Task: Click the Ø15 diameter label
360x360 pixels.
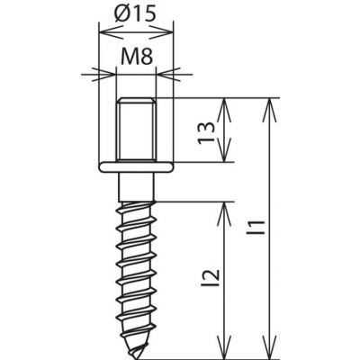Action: (136, 14)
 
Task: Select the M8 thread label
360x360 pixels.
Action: (137, 57)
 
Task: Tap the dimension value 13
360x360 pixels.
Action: (207, 133)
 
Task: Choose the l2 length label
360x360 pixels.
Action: (213, 277)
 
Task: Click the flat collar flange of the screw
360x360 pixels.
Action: (137, 167)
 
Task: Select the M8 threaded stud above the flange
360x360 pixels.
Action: (137, 130)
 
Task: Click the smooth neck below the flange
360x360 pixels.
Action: (137, 187)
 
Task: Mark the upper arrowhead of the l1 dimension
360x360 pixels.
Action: (270, 110)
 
